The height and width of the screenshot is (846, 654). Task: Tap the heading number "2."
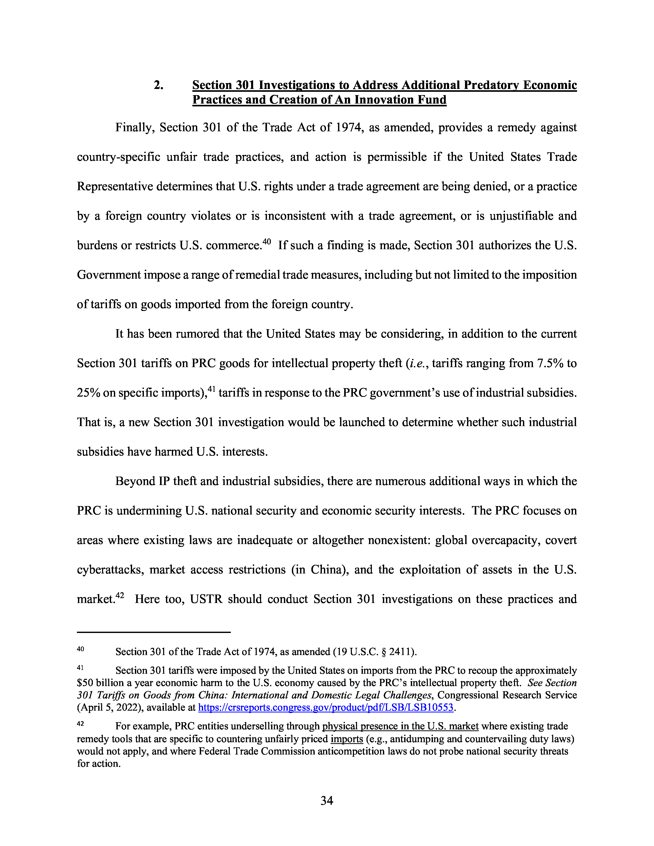(x=158, y=85)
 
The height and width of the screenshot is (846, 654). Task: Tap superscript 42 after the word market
(x=120, y=595)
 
